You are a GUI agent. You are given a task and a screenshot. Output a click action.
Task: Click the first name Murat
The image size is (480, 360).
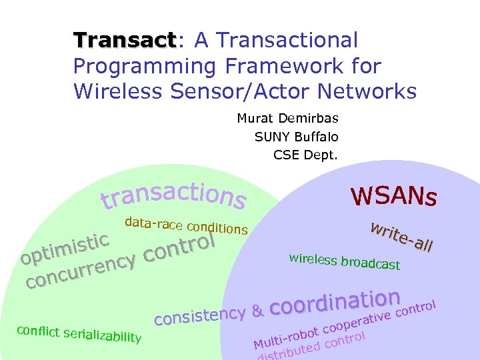click(x=254, y=119)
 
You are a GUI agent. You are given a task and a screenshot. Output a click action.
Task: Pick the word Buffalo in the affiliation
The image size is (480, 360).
click(x=315, y=137)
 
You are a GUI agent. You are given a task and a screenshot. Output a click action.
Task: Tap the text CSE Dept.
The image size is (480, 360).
click(x=306, y=155)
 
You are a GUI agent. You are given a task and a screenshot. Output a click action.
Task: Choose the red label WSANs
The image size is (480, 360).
click(x=393, y=196)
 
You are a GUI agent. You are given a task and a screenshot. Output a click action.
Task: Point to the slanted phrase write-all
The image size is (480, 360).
click(x=402, y=236)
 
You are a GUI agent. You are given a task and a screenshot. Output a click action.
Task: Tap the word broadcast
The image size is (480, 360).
click(x=370, y=263)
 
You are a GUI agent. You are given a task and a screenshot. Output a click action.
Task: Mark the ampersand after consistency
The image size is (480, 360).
click(x=257, y=310)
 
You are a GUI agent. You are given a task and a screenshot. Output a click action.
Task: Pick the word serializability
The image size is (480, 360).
click(x=99, y=335)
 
